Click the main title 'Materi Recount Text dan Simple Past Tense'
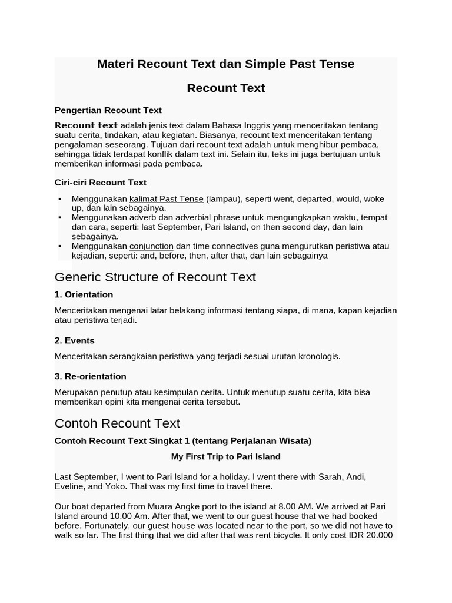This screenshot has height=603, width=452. point(225,64)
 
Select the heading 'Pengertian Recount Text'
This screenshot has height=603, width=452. point(108,110)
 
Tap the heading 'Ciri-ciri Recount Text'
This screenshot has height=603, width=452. point(100,183)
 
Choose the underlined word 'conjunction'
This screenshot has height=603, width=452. point(151,246)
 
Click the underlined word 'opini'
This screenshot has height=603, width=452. point(114,402)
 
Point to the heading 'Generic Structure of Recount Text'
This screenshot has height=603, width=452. point(155,277)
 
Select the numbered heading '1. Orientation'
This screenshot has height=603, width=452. point(84,294)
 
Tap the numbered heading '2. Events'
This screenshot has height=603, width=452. point(74,340)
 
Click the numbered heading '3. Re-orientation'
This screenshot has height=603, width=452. point(90,376)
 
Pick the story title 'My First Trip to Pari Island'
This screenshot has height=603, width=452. point(225,456)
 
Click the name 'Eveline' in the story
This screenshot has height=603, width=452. point(69,486)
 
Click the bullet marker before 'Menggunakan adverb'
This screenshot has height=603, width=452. point(60,218)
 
